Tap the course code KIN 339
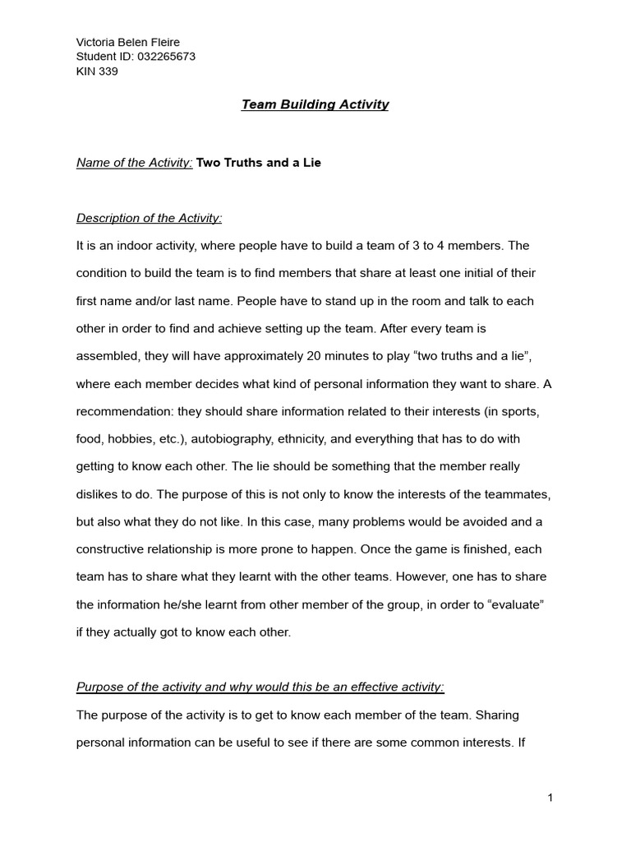click(97, 72)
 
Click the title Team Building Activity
click(315, 104)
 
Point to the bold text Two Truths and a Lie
click(258, 163)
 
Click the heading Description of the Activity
click(149, 218)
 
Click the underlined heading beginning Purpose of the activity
click(260, 687)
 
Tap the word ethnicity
click(316, 439)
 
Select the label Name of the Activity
click(134, 163)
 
